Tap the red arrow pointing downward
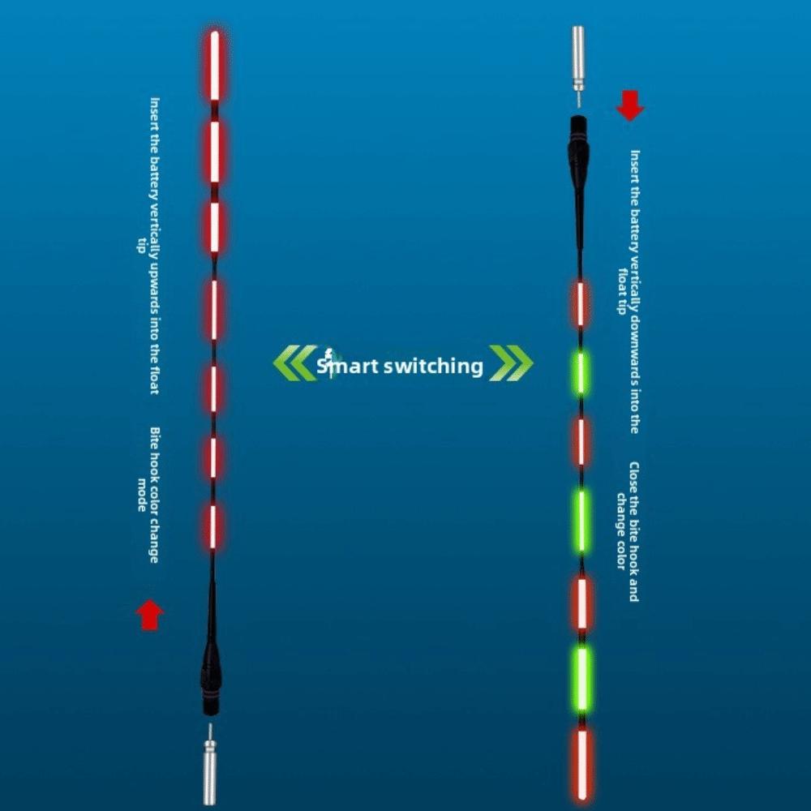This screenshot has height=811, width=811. click(630, 105)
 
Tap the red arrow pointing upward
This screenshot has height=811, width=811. click(150, 615)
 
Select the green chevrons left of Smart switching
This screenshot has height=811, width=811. click(295, 363)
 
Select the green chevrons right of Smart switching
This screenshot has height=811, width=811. click(511, 363)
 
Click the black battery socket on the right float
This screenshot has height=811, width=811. click(579, 150)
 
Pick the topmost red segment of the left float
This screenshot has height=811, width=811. click(215, 65)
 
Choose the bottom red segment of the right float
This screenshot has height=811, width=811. click(583, 763)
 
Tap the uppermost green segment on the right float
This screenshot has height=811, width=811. click(581, 372)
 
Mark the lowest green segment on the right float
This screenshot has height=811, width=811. click(583, 680)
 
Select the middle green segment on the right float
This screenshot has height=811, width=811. click(581, 521)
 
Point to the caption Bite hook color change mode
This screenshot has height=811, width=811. click(148, 495)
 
